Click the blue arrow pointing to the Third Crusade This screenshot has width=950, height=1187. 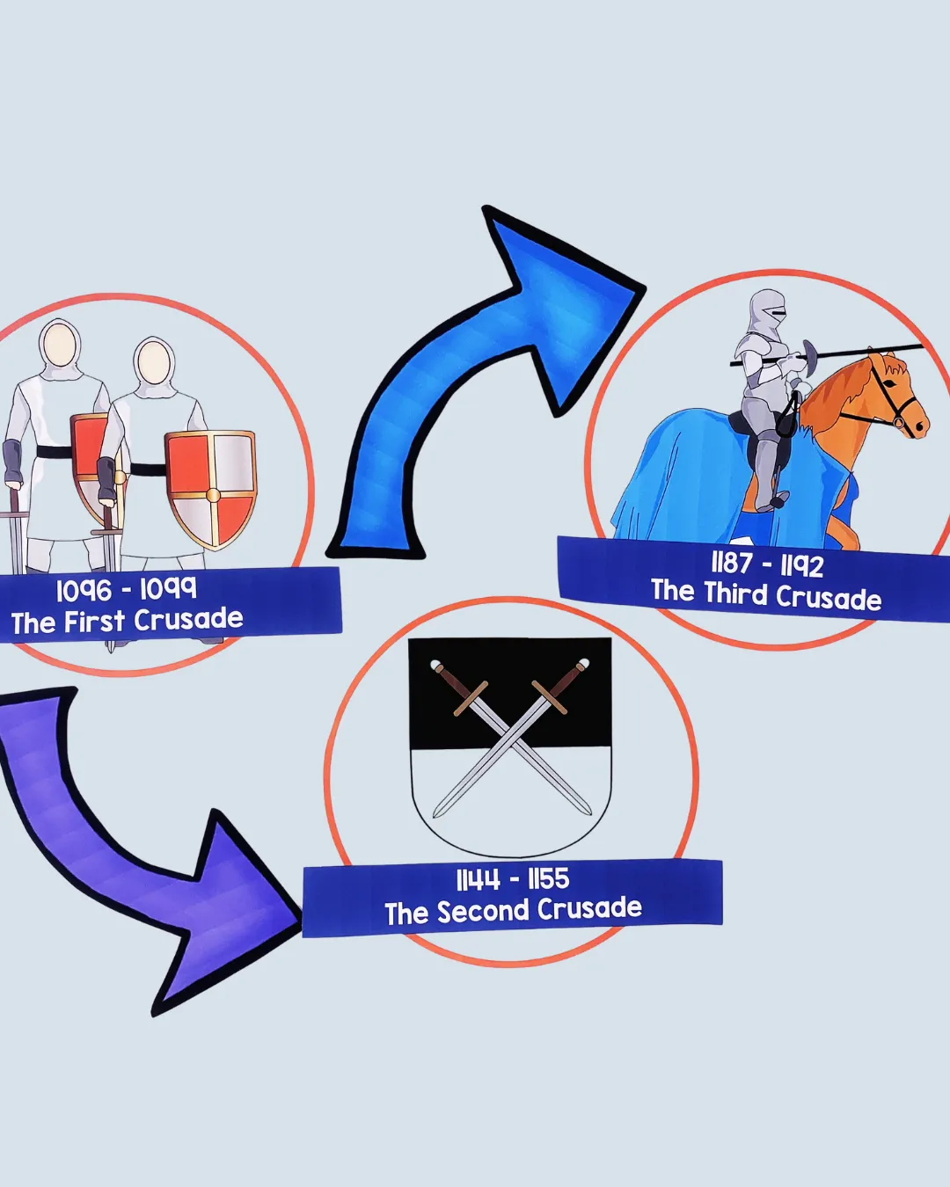pyautogui.click(x=493, y=369)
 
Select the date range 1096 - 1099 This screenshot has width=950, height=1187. pyautogui.click(x=126, y=589)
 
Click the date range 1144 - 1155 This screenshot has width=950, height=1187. pyautogui.click(x=512, y=878)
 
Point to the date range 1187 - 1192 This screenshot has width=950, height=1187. pyautogui.click(x=767, y=564)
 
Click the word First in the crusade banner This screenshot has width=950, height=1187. pyautogui.click(x=94, y=622)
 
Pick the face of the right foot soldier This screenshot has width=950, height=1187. pyautogui.click(x=154, y=360)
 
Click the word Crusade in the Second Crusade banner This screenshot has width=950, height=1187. pyautogui.click(x=589, y=909)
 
